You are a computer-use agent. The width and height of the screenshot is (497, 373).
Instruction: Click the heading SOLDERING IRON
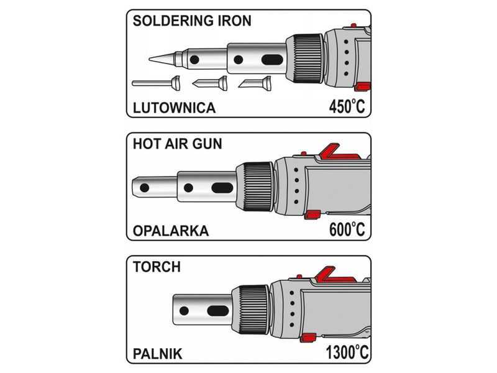[x=192, y=21]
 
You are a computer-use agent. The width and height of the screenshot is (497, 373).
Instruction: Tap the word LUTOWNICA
[x=175, y=108]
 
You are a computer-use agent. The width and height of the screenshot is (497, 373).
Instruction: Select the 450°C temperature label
[x=347, y=106]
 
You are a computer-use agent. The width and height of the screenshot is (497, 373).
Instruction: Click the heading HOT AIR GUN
[x=178, y=144]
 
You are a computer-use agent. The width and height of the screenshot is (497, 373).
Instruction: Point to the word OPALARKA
[x=171, y=231]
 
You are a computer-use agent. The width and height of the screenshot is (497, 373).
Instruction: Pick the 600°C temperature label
[x=347, y=229]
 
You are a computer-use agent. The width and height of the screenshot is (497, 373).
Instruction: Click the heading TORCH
[x=157, y=267]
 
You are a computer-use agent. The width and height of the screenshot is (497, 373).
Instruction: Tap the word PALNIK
[x=158, y=354]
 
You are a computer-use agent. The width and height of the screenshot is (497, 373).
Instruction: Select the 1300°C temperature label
[x=347, y=352]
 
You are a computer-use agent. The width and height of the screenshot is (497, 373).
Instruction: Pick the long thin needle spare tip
[x=156, y=83]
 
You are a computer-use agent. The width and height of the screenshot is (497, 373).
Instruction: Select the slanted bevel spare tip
[x=255, y=83]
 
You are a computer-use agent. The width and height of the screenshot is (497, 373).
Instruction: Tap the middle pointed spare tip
[x=210, y=83]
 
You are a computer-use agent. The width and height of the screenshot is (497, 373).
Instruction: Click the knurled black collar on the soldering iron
[x=305, y=58]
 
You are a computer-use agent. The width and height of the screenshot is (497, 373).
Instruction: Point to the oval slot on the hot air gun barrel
[x=222, y=188]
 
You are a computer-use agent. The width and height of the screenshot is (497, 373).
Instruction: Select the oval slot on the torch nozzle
[x=218, y=311]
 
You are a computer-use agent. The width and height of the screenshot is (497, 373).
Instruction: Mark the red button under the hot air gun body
[x=312, y=214]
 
